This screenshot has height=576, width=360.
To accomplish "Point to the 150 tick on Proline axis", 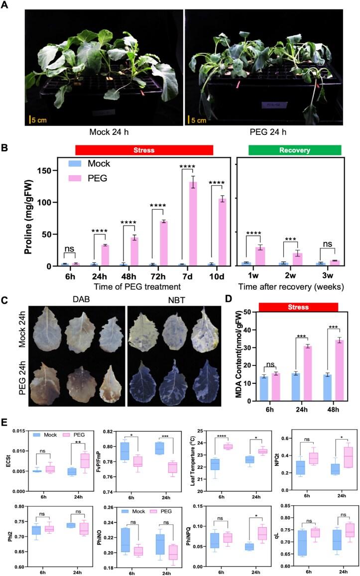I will [52, 171].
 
